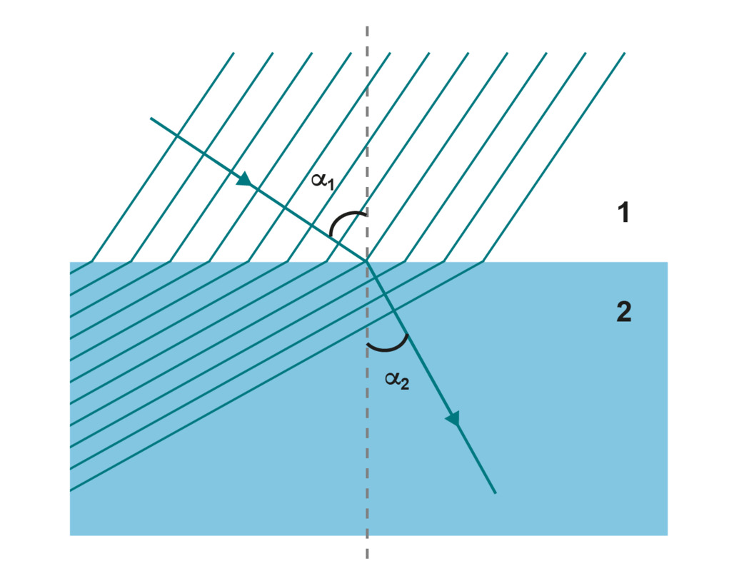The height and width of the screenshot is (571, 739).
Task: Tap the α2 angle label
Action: tap(397, 382)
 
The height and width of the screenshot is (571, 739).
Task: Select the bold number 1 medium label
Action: tap(623, 213)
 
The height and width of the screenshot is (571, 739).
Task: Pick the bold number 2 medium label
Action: tap(623, 312)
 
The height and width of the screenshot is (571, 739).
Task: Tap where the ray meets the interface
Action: tap(367, 262)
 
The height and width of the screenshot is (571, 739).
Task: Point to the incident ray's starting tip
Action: tap(151, 118)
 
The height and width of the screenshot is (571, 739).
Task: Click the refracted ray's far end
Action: tap(495, 492)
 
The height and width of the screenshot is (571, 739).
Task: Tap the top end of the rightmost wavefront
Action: tap(625, 53)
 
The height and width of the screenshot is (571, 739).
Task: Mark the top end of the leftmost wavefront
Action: tap(233, 53)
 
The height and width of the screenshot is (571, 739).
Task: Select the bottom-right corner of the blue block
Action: tap(667, 535)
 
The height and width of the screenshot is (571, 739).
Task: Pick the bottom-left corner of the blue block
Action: tap(70, 535)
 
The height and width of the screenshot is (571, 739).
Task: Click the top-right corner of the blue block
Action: tap(667, 263)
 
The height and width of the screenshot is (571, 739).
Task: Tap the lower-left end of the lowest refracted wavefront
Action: tap(71, 490)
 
